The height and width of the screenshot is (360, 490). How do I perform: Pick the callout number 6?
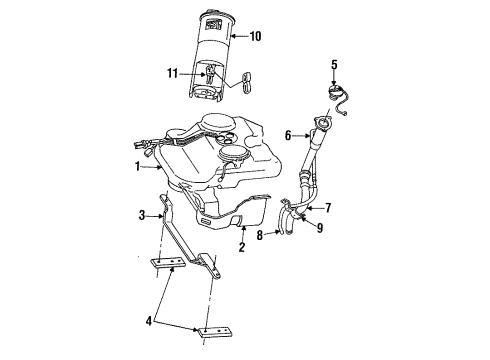tap(288, 135)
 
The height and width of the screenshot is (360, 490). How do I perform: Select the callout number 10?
tap(255, 37)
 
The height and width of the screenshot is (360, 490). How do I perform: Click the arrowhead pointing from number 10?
tap(234, 37)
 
